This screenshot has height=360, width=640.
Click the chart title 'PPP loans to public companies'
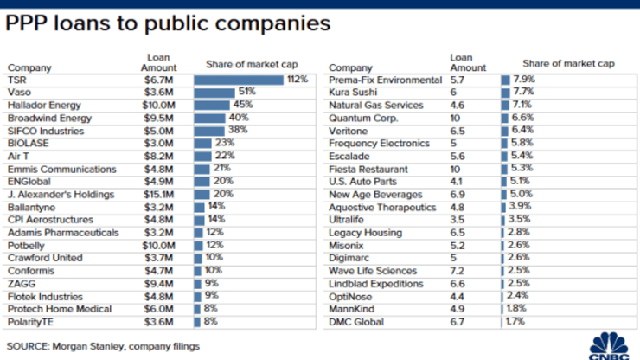[x=168, y=23]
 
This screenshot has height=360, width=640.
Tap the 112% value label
[x=297, y=80]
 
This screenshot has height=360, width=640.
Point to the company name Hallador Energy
[x=43, y=106]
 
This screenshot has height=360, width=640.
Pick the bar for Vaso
[x=214, y=93]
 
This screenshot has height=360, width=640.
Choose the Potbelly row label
[x=27, y=246]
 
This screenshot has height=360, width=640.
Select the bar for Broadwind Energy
[x=210, y=118]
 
